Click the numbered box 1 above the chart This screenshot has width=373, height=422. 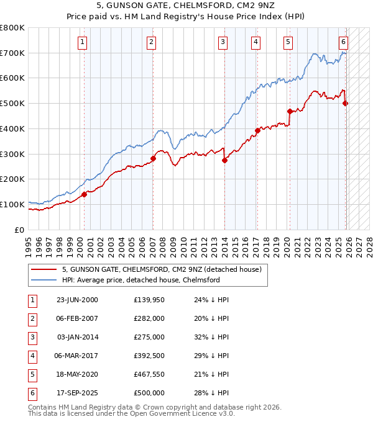(x=83, y=42)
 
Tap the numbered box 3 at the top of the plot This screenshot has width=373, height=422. (x=223, y=42)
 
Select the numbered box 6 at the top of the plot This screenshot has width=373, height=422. (x=343, y=42)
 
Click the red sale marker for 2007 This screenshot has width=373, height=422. (x=153, y=158)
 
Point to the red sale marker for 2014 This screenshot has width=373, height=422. (x=224, y=160)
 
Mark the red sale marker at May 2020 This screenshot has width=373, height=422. (x=290, y=112)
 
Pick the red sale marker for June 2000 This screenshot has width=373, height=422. (x=84, y=194)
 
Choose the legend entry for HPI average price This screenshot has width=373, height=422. (x=140, y=280)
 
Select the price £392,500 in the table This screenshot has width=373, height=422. (x=149, y=356)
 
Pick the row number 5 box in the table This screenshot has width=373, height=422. (x=32, y=374)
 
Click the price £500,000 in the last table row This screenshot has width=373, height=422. (x=149, y=393)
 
